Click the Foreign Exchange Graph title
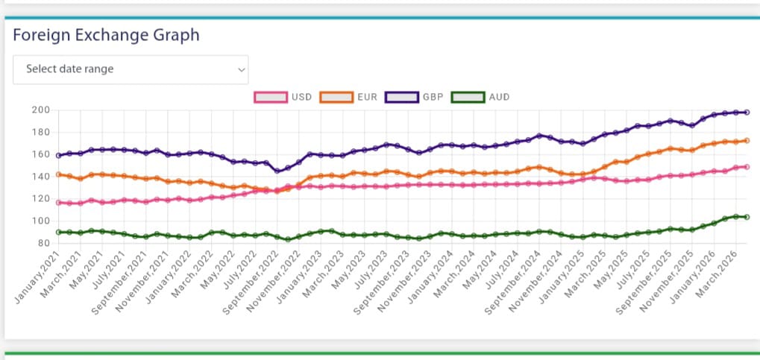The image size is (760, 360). click(106, 35)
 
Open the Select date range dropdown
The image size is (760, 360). click(131, 69)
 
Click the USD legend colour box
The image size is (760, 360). click(271, 97)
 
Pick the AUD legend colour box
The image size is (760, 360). click(468, 97)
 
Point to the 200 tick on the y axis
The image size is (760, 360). click(40, 110)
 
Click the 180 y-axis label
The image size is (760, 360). click(40, 133)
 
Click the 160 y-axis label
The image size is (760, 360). click(40, 155)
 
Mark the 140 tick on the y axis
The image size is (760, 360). click(40, 177)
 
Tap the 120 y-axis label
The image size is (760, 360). click(40, 199)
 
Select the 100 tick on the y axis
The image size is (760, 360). click(40, 221)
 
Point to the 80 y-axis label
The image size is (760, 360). click(43, 243)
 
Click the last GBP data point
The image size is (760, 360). click(747, 113)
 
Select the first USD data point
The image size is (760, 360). click(59, 202)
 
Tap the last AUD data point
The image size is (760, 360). click(747, 217)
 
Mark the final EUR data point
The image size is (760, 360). click(747, 140)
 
